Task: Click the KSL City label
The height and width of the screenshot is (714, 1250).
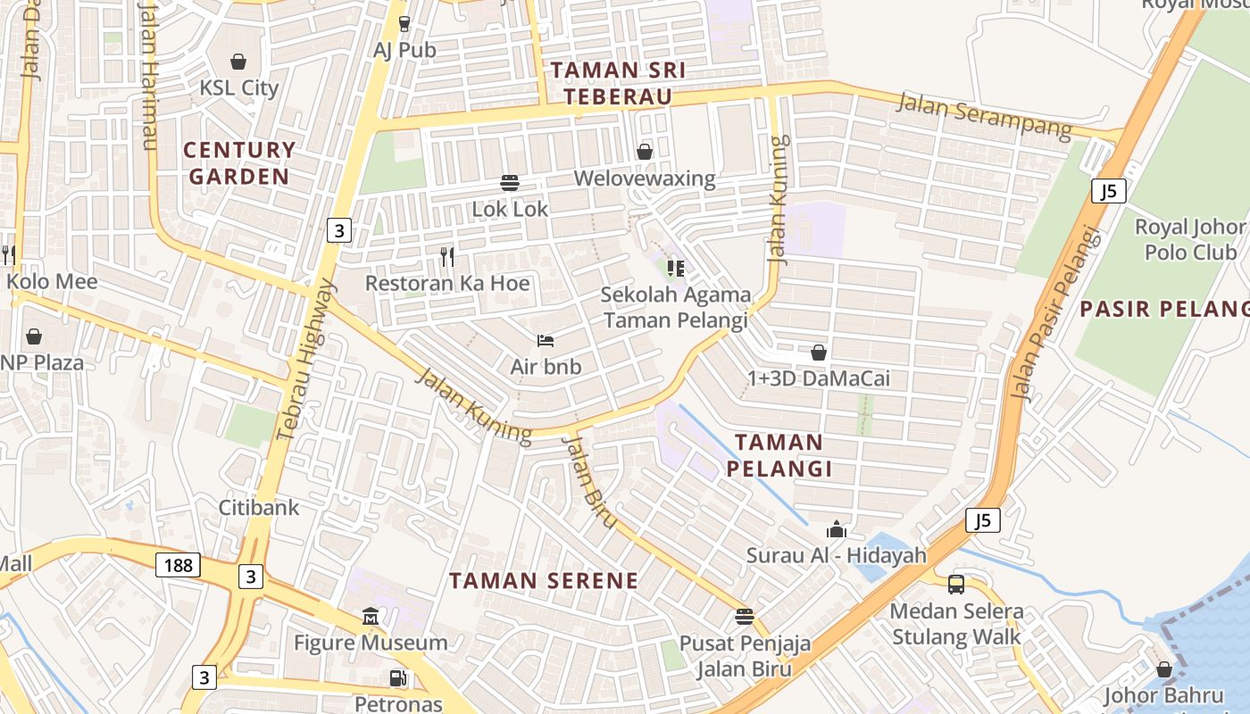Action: point(238,87)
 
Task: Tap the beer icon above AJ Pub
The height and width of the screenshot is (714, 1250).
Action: point(404,23)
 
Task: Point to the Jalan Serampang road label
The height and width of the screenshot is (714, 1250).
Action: point(984,116)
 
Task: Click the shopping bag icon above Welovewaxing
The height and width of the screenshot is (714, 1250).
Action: point(645,152)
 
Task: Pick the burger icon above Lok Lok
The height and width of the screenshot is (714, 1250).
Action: point(510,183)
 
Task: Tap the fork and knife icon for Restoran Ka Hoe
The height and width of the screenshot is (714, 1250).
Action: point(447,257)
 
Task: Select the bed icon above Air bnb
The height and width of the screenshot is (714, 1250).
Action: point(546,341)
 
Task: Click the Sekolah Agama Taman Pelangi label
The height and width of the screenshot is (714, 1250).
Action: point(676,307)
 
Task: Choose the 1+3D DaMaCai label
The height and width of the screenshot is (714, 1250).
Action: point(819,378)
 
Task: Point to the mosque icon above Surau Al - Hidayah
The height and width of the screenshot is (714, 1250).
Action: point(837,529)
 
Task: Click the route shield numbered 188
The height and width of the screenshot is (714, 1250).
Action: point(178,565)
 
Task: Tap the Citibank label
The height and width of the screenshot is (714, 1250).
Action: point(259,507)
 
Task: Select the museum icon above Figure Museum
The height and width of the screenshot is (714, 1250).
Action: point(371,617)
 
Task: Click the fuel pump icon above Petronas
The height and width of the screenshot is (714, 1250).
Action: point(398,678)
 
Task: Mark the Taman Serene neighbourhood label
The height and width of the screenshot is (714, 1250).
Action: point(544,581)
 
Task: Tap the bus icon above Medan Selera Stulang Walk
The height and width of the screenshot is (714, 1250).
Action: point(956,585)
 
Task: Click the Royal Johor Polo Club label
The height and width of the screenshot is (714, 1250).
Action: point(1190,239)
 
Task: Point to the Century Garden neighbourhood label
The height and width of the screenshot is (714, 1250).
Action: point(239,162)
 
